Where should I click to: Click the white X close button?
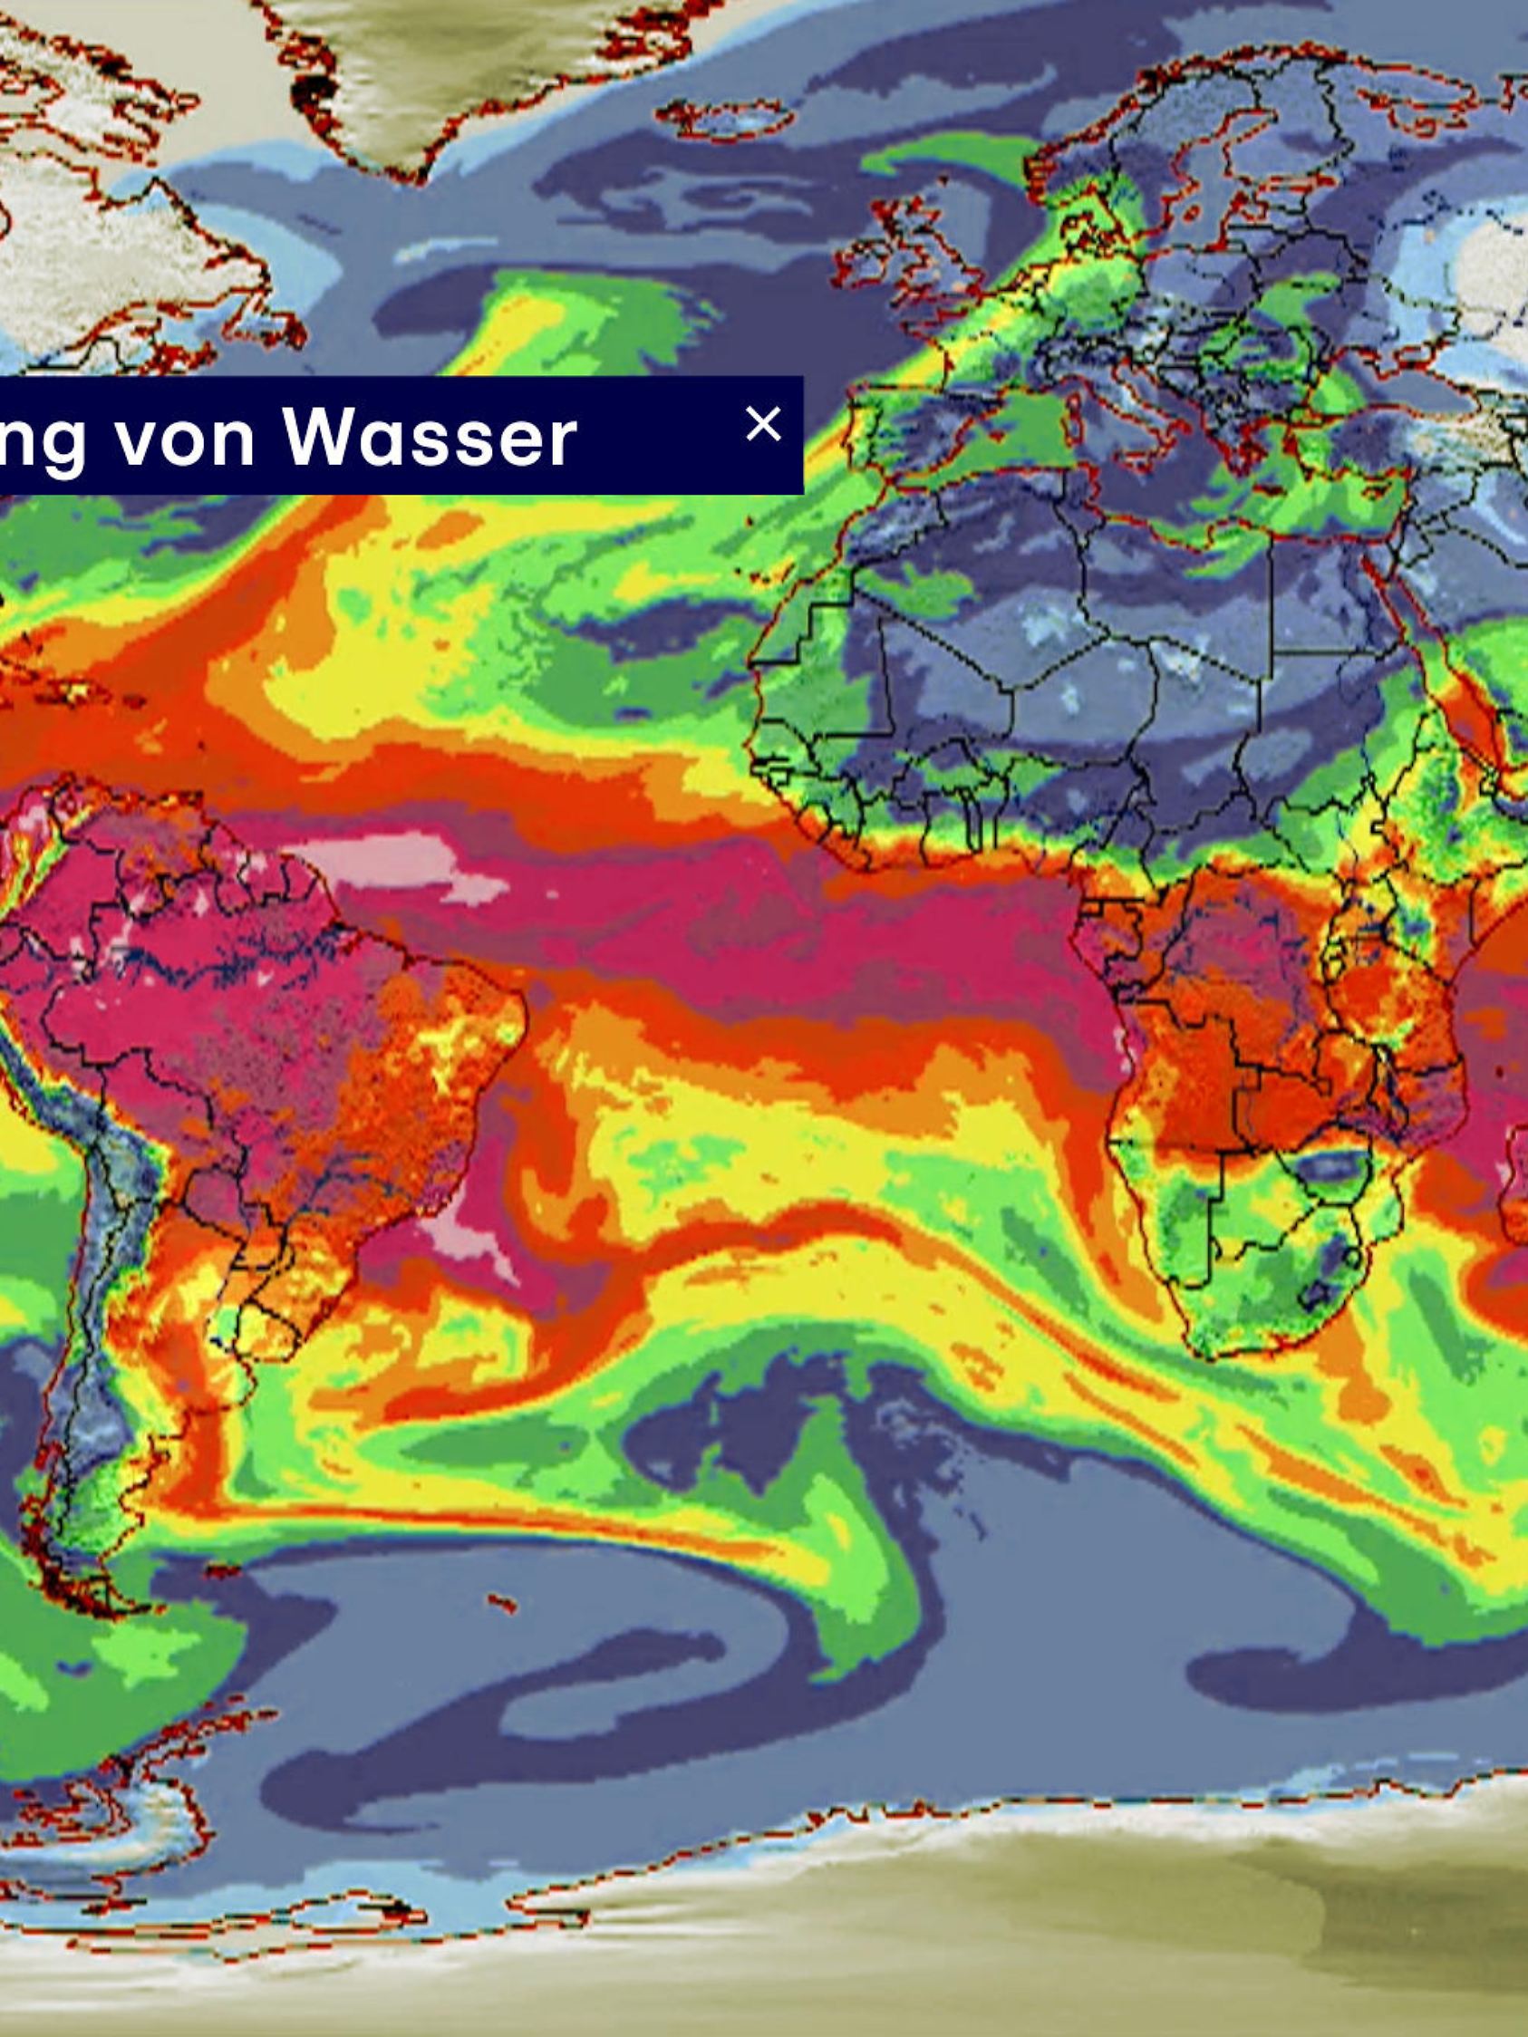click(x=762, y=425)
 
